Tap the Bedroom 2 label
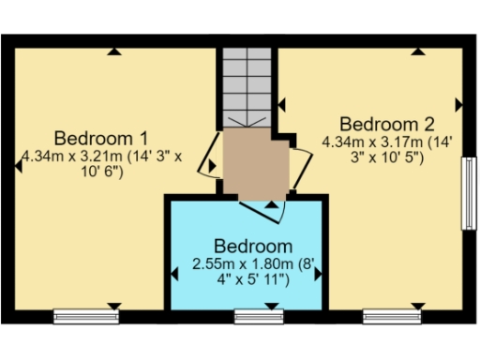coord(386,124)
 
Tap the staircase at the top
coord(247,84)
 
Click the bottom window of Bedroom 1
coord(85,316)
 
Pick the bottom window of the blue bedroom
coord(259,316)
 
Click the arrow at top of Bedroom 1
coord(113,52)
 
